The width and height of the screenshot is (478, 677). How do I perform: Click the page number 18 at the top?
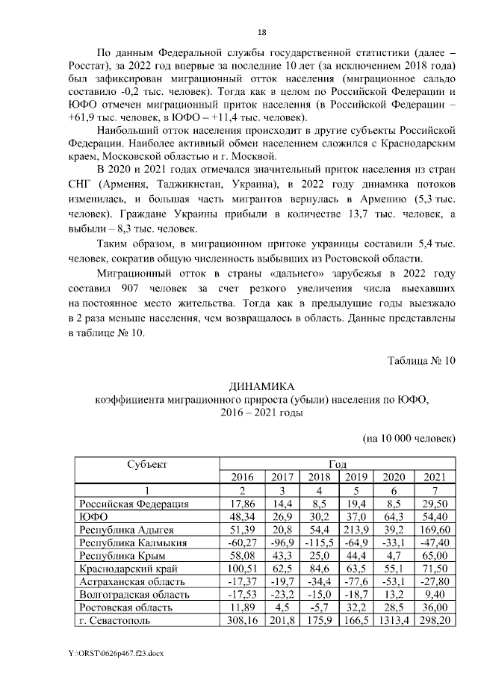click(261, 32)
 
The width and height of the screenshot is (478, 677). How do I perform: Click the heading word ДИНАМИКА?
click(261, 387)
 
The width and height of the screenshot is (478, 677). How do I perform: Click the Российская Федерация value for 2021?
click(435, 504)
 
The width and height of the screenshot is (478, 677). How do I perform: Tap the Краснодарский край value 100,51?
click(241, 568)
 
